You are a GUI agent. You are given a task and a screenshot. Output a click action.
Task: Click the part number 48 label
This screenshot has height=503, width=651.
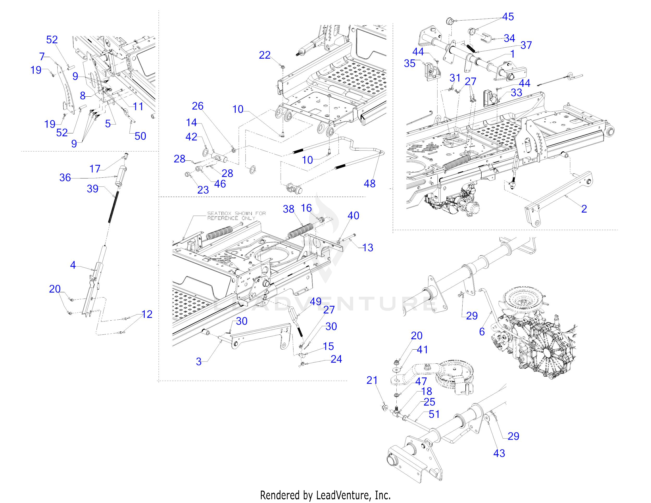369,184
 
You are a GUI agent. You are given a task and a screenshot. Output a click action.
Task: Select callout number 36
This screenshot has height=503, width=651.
65,178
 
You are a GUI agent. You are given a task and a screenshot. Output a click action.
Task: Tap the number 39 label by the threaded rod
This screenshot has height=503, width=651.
93,189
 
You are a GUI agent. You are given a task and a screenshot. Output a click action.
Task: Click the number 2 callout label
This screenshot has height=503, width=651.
584,209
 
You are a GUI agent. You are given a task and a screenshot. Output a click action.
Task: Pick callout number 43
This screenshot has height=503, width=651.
499,453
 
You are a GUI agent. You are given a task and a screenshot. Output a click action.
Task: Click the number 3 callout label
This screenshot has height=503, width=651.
199,362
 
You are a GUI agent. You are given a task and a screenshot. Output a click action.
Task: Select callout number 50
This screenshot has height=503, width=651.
140,136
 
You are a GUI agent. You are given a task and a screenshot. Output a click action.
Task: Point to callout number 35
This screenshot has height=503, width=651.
410,63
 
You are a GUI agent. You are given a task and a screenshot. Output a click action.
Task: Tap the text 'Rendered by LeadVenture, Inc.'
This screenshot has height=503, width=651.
325,495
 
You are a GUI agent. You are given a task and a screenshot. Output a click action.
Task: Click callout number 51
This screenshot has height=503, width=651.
434,414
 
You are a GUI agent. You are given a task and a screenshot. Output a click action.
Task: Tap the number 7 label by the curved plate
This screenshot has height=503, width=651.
42,56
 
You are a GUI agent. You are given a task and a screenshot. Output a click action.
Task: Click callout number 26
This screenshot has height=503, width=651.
198,106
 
